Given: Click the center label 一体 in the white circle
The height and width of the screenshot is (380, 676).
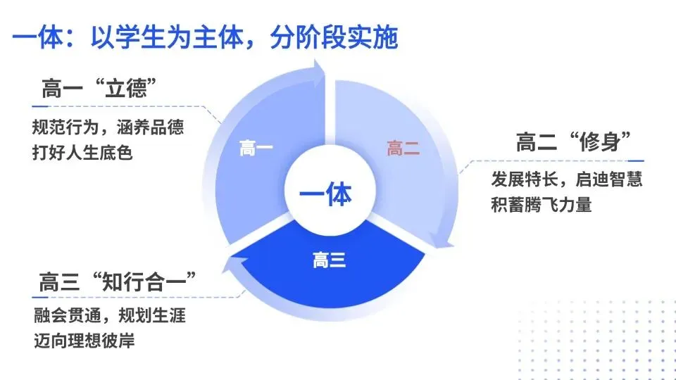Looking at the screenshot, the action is pyautogui.click(x=325, y=194).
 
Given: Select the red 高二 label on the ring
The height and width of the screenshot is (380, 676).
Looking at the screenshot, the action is pyautogui.click(x=403, y=149).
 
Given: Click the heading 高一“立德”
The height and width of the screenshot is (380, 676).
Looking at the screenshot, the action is pyautogui.click(x=99, y=91).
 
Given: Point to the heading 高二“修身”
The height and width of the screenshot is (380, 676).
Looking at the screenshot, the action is pyautogui.click(x=572, y=143).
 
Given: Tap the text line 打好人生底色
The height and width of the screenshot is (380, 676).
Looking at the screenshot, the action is pyautogui.click(x=82, y=151).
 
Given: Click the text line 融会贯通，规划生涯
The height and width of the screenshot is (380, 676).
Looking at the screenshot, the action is pyautogui.click(x=109, y=315).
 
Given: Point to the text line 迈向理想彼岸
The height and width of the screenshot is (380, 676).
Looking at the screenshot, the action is pyautogui.click(x=83, y=341).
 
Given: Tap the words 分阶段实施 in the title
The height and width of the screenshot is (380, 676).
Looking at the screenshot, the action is pyautogui.click(x=334, y=37).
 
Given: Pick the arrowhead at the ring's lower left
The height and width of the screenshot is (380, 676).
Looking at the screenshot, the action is pyautogui.click(x=231, y=265).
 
